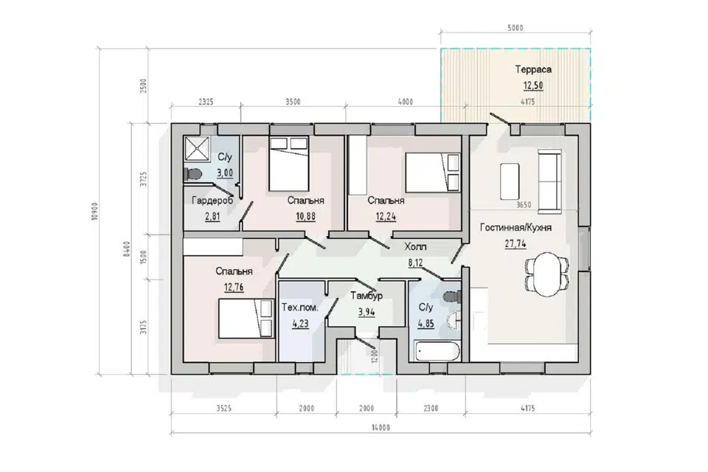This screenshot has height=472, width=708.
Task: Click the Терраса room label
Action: point(533,69)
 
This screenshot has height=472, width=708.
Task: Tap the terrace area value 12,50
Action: point(533,86)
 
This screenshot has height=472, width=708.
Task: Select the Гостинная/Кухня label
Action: point(516,228)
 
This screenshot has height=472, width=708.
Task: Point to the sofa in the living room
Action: point(549,181)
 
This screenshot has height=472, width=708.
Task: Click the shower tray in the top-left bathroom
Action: point(196,148)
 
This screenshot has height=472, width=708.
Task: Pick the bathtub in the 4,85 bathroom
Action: point(437,351)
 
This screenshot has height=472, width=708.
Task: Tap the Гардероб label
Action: point(212,200)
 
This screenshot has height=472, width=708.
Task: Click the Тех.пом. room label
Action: point(300,308)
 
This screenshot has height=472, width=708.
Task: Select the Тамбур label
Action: point(367,296)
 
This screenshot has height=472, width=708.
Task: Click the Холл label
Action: point(415,246)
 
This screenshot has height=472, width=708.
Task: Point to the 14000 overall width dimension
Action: point(381,427)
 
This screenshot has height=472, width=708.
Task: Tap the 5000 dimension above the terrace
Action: point(516,28)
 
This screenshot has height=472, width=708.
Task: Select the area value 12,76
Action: point(234,287)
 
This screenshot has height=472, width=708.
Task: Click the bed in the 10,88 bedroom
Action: point(289,164)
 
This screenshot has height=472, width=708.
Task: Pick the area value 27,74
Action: point(516,244)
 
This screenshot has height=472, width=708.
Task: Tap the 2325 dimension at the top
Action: point(206,102)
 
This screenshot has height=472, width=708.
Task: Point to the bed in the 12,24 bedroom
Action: point(433,173)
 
